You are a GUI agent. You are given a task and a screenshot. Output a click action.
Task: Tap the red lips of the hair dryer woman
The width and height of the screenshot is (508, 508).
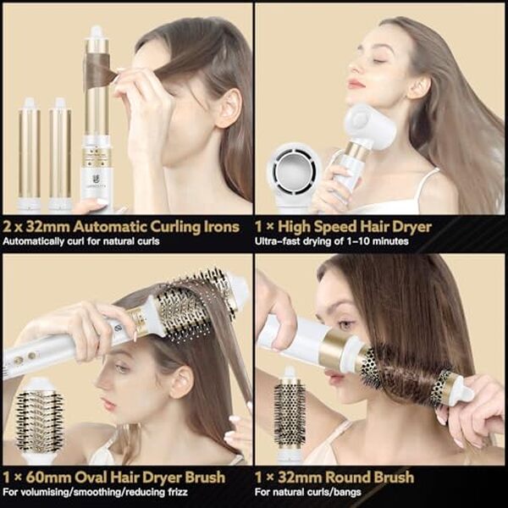pyautogui.click(x=356, y=83)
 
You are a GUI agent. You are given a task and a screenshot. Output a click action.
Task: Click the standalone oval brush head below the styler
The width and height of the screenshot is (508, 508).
pyautogui.click(x=40, y=420)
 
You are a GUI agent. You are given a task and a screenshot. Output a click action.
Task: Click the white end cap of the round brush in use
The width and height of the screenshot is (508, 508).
pyautogui.click(x=461, y=391)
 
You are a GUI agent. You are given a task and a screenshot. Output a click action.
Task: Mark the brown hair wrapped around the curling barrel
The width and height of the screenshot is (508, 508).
pyautogui.click(x=100, y=71)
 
